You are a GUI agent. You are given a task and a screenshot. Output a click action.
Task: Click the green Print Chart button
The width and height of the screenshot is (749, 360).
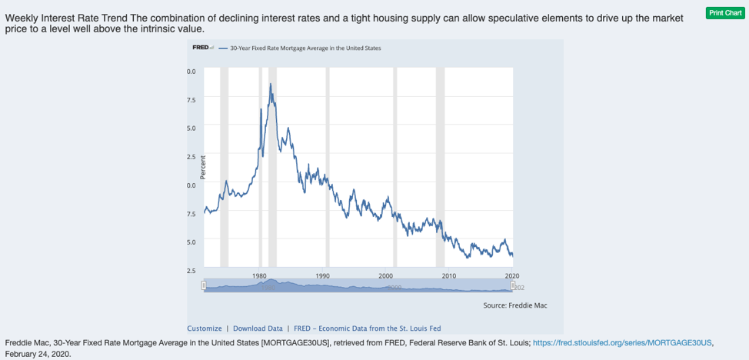pos(726,13)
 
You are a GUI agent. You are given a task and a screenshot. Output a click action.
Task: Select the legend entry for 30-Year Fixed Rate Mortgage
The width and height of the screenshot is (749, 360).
pos(305,48)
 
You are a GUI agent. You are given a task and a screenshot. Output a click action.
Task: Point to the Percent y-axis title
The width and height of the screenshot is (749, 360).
pos(203,167)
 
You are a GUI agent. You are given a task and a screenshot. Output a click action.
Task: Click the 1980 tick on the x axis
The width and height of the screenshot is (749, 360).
pos(260,275)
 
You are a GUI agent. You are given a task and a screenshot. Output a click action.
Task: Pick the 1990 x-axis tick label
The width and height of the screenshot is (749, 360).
pos(323,275)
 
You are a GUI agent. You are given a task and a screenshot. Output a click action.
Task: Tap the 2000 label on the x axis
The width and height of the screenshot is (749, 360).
pos(386,275)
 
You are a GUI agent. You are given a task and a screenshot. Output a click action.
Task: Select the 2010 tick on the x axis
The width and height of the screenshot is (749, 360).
pos(449,275)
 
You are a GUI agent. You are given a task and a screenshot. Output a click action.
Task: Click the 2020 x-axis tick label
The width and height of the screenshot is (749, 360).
pos(511,275)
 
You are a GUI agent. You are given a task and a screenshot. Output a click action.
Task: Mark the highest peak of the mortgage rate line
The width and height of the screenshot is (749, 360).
pos(270,83)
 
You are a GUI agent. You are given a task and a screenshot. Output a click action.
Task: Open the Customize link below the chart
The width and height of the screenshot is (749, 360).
pos(204,328)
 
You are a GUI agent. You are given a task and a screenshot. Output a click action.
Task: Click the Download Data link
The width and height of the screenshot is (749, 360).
pos(258,328)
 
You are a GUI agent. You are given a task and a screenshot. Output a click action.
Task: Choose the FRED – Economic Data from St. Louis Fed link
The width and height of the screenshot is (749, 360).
pos(368,328)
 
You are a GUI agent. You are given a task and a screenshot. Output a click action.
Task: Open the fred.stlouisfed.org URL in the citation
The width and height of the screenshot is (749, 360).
pos(623,342)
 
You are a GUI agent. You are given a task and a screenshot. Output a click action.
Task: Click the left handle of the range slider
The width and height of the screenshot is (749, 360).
pos(204,286)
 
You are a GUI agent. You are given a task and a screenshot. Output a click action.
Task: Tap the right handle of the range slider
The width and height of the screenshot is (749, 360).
pos(512,286)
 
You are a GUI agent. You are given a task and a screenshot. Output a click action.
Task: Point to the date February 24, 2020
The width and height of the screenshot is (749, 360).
pos(38,354)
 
